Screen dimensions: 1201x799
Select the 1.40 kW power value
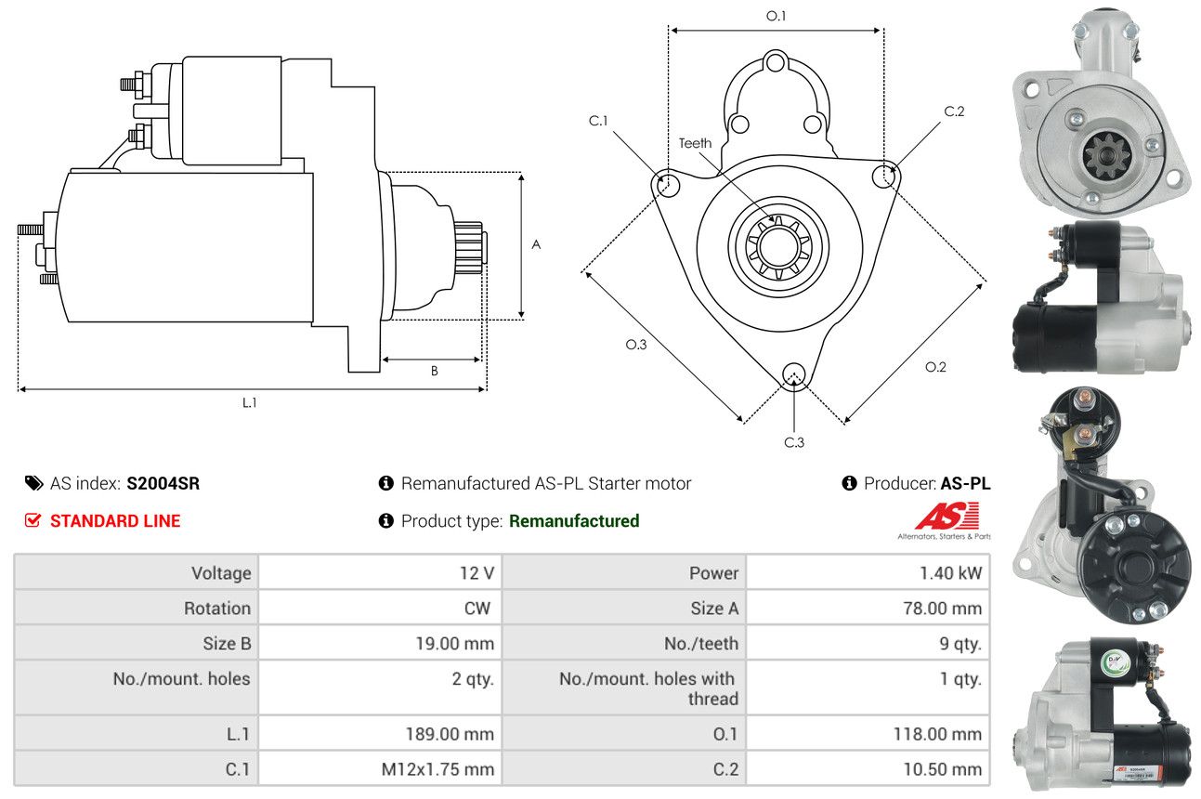pyautogui.click(x=950, y=572)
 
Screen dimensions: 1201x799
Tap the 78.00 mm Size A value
pyautogui.click(x=942, y=609)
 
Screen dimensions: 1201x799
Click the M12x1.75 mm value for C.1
pyautogui.click(x=437, y=769)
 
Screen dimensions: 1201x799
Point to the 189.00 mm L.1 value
pyautogui.click(x=450, y=734)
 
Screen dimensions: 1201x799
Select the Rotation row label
pyautogui.click(x=217, y=609)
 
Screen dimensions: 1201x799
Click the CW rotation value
pyautogui.click(x=477, y=609)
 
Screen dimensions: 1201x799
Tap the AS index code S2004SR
pyautogui.click(x=163, y=483)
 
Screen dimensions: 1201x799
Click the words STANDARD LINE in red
pyautogui.click(x=115, y=520)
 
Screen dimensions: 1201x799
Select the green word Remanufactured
pyautogui.click(x=574, y=520)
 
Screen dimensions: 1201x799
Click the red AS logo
pyautogui.click(x=946, y=516)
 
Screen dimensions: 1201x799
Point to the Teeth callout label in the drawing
pyautogui.click(x=695, y=143)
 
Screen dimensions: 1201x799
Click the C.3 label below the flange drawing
pyautogui.click(x=794, y=442)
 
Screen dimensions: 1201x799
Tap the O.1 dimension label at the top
pyautogui.click(x=776, y=16)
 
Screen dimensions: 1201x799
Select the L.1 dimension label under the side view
pyautogui.click(x=249, y=402)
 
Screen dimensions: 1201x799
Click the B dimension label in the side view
pyautogui.click(x=435, y=371)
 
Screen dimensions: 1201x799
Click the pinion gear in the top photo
pyautogui.click(x=1106, y=157)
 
